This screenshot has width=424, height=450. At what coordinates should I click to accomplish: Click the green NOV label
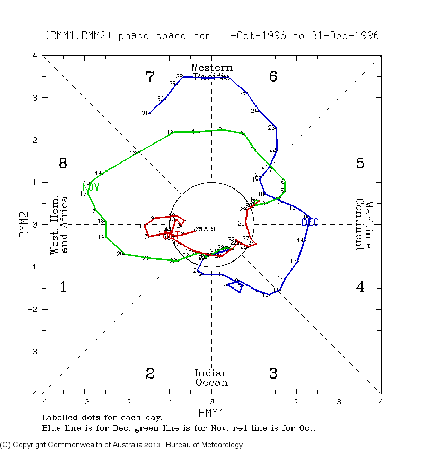point(91,187)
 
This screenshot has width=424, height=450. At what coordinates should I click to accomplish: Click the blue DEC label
point(310,222)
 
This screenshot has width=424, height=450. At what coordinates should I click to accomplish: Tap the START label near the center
point(206,229)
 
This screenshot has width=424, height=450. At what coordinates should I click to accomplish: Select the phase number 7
point(150,77)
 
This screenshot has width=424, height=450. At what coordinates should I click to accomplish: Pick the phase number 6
point(273,77)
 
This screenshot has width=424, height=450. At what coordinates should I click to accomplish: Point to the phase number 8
point(63,164)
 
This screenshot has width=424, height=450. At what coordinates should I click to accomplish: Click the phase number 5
point(360,164)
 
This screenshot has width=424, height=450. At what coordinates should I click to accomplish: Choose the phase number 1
point(63,287)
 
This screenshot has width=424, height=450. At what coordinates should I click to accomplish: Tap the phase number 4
point(360,287)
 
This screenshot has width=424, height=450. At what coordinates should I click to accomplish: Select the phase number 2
point(150,374)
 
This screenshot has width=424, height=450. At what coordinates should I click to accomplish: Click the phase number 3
point(273,374)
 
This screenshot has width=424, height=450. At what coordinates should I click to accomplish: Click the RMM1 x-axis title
point(211,411)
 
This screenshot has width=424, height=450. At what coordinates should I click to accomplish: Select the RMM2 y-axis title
point(24,224)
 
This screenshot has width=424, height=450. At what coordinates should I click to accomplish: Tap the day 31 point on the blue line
point(149,113)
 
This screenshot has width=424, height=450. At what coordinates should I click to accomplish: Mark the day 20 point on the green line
point(123,254)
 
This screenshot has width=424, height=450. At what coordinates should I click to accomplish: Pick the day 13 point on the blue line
point(298,261)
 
